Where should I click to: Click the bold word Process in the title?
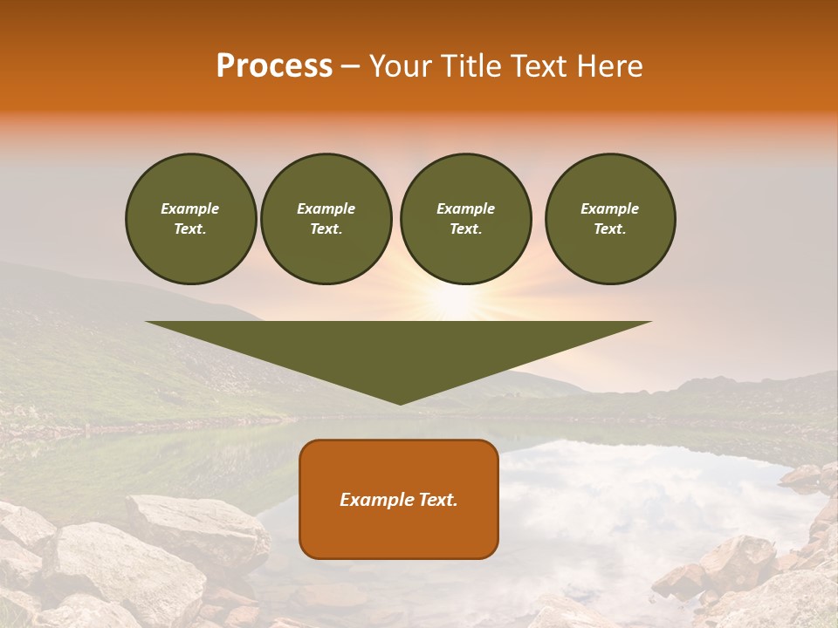click(x=274, y=66)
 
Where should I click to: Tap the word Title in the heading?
click(x=468, y=66)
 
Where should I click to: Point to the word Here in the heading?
click(x=610, y=66)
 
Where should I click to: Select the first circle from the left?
click(x=190, y=218)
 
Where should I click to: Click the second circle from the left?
click(x=326, y=218)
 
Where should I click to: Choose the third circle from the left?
click(x=465, y=218)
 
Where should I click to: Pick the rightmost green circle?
click(x=609, y=218)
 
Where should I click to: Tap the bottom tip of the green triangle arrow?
click(x=400, y=402)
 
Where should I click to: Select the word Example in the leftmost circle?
click(x=190, y=208)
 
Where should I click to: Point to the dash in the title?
click(x=350, y=66)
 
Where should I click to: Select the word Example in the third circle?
click(x=465, y=208)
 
